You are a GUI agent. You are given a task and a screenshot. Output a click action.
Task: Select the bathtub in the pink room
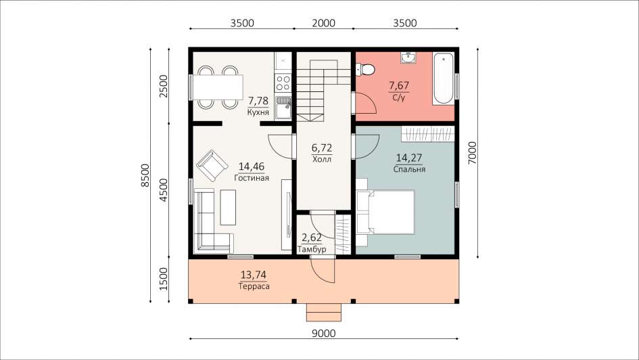[443, 78]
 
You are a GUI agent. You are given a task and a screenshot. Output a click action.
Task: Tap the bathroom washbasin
[408, 58]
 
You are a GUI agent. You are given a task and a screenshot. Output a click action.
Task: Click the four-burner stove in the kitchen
[283, 83]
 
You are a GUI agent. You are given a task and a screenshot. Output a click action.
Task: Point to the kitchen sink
[283, 107]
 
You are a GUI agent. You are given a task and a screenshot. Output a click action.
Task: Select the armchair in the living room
[212, 165]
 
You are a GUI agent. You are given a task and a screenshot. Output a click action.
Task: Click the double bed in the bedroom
[385, 212]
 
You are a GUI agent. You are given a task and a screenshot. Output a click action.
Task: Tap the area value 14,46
[252, 166]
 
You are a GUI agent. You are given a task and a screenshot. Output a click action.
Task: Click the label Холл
[322, 159]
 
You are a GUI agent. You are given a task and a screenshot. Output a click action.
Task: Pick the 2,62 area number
[311, 238]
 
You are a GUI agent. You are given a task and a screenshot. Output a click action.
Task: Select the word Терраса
[254, 286]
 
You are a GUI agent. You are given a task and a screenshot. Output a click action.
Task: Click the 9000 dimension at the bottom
[324, 334]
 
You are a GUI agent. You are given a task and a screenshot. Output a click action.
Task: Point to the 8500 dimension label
[145, 175]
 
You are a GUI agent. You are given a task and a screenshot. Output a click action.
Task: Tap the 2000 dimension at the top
[324, 23]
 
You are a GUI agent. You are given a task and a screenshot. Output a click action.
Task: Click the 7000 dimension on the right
[472, 153]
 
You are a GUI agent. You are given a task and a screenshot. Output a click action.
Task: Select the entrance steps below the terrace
[324, 313]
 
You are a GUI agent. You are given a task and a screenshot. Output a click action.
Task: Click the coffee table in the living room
[229, 208]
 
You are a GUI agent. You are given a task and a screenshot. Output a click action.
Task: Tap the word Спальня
[409, 169]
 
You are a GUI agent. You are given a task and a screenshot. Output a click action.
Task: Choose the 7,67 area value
[399, 86]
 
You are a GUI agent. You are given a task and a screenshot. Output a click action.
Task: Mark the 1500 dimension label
[164, 279]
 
